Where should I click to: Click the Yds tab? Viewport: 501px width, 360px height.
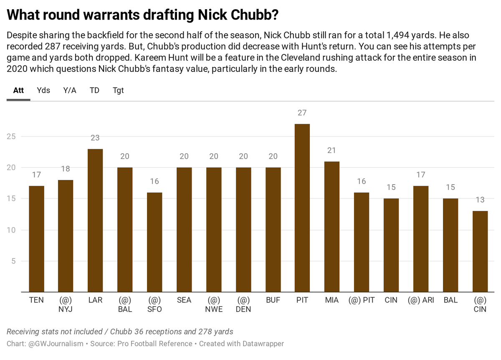[43, 90]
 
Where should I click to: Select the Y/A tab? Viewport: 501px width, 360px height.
[70, 90]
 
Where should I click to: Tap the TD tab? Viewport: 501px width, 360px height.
[94, 90]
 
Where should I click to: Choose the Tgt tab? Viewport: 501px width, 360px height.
[118, 90]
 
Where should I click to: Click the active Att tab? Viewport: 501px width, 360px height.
[18, 90]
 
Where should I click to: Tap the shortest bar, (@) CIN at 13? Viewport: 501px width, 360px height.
[480, 251]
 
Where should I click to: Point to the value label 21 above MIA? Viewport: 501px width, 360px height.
[332, 150]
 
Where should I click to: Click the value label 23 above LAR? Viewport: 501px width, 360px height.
[95, 138]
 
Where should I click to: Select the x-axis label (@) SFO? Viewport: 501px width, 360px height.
[154, 305]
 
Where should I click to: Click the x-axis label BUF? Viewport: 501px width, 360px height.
[273, 300]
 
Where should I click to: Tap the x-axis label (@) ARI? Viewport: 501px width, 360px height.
[421, 300]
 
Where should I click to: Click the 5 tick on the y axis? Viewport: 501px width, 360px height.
[13, 261]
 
